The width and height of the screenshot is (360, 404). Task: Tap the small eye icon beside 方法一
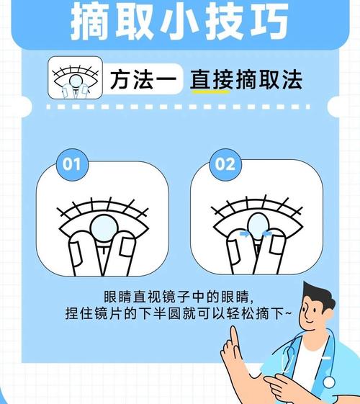tap(73, 80)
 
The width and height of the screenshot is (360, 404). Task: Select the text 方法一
tap(143, 81)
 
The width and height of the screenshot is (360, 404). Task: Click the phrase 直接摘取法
tap(246, 81)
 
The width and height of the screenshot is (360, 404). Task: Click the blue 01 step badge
tap(71, 163)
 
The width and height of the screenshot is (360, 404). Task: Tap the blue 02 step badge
tap(225, 163)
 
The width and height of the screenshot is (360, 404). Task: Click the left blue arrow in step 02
tap(245, 233)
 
